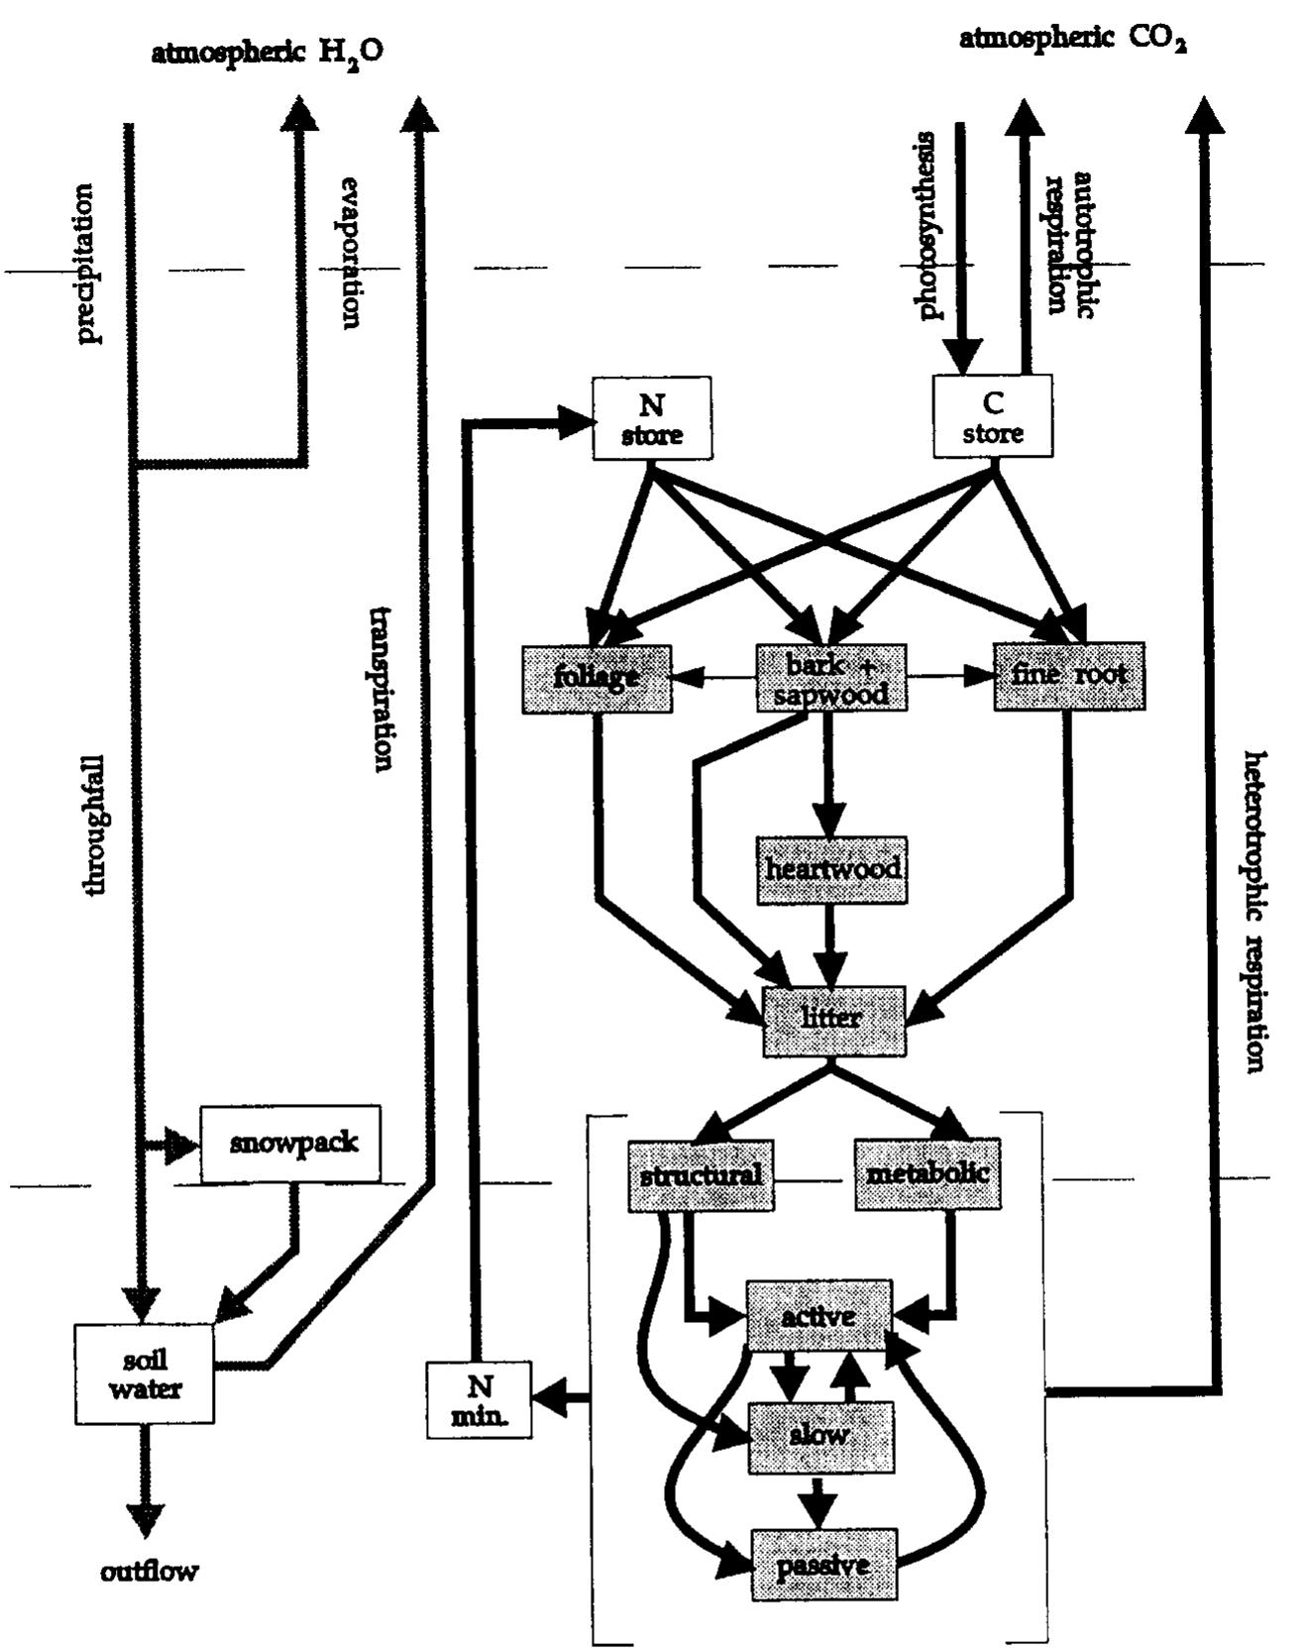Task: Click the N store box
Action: click(651, 418)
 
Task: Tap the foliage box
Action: click(597, 679)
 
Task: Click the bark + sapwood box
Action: click(830, 679)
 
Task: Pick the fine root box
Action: click(1068, 676)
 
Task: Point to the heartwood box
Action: click(831, 870)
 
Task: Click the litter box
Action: click(833, 1021)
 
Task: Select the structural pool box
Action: click(701, 1175)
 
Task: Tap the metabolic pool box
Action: click(928, 1174)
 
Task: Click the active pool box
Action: click(819, 1316)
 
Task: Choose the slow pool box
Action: click(819, 1437)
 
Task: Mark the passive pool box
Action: click(823, 1565)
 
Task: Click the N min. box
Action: click(479, 1399)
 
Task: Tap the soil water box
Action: click(145, 1374)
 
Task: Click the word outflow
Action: click(149, 1572)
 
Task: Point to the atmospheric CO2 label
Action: click(1072, 40)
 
